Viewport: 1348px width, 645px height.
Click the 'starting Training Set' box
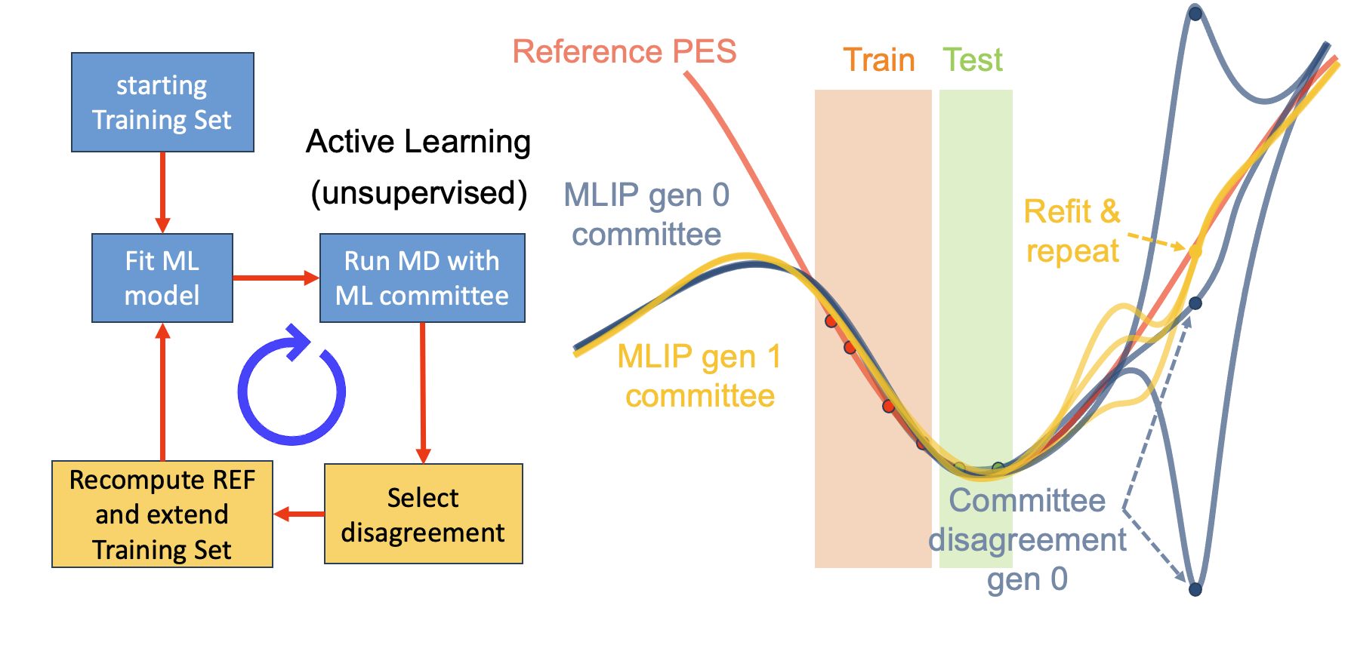click(x=162, y=103)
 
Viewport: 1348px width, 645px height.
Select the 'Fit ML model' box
click(x=162, y=278)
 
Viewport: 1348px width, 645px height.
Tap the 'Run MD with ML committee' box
click(x=422, y=278)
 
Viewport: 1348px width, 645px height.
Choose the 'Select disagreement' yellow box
click(x=423, y=514)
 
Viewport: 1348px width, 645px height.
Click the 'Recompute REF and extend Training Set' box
click(x=162, y=514)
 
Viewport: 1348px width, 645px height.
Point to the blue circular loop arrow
click(x=292, y=389)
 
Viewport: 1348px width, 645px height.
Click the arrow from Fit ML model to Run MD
click(x=276, y=278)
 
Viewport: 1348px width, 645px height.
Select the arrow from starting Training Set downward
click(x=162, y=192)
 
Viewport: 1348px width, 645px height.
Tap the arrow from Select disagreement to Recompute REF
click(x=298, y=514)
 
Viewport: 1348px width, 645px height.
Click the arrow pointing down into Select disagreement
click(x=423, y=392)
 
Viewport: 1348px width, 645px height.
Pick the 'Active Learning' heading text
click(x=418, y=142)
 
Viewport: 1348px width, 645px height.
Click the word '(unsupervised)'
click(x=419, y=193)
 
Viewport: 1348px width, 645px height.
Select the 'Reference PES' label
click(x=624, y=52)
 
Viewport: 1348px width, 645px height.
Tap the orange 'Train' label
click(x=878, y=60)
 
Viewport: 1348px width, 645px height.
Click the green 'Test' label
click(x=973, y=60)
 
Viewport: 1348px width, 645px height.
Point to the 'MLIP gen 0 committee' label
click(x=646, y=215)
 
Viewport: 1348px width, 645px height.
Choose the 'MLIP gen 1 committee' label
click(x=699, y=376)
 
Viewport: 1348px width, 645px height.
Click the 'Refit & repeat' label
click(x=1072, y=231)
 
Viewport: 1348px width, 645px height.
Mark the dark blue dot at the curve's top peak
click(x=1195, y=13)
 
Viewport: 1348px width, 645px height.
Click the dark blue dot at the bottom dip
click(x=1195, y=589)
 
